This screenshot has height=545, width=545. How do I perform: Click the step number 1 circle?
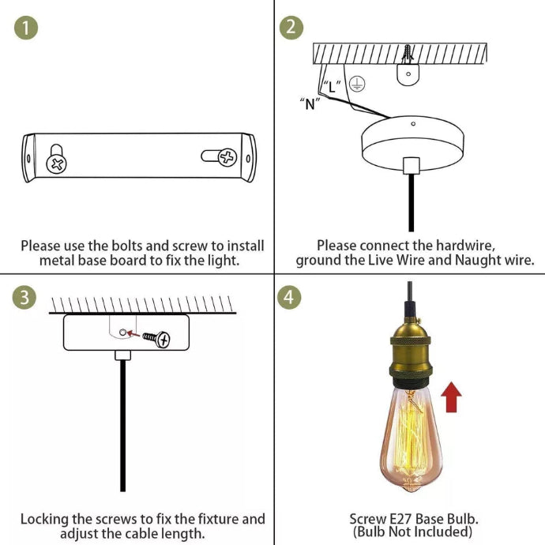click(26, 28)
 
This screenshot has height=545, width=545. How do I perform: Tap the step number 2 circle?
click(291, 28)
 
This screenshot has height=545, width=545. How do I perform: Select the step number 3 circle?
click(24, 298)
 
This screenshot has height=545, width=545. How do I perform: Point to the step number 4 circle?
click(289, 298)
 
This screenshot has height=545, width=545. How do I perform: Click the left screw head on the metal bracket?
click(57, 164)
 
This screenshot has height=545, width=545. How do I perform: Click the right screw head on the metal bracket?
click(227, 157)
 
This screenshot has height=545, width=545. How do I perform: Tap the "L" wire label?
click(332, 86)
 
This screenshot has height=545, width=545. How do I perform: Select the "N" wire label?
click(310, 103)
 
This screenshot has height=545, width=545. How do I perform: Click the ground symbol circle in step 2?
click(357, 84)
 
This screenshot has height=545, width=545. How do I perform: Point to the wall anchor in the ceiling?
click(408, 53)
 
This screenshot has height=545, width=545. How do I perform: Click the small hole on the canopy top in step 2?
click(413, 124)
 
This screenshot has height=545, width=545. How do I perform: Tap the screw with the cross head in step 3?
click(156, 339)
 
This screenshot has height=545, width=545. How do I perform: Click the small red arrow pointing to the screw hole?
click(133, 334)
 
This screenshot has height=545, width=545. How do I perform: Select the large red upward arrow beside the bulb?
click(451, 397)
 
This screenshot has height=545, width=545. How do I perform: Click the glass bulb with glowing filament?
click(411, 439)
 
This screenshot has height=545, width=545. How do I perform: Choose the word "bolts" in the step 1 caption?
click(127, 246)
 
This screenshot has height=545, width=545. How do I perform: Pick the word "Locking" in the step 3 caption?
click(44, 520)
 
